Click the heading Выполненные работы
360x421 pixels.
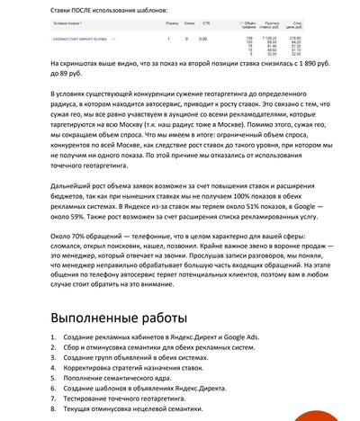[x=119, y=318]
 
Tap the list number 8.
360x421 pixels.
[x=52, y=407]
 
